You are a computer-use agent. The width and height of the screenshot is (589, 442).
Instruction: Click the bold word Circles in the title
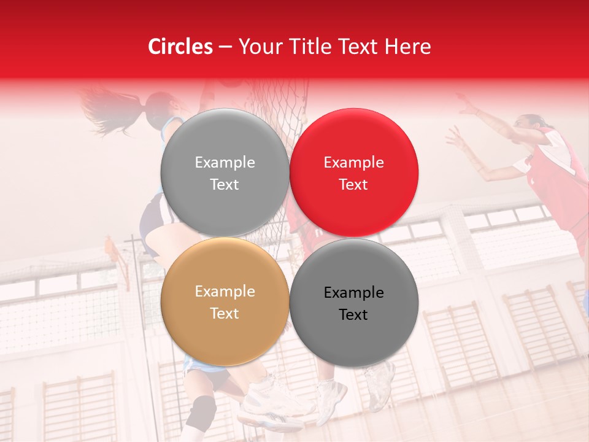pyautogui.click(x=180, y=47)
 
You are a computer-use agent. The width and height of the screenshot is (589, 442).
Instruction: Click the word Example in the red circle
pyautogui.click(x=353, y=162)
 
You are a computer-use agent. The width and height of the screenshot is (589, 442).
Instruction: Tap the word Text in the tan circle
pyautogui.click(x=225, y=313)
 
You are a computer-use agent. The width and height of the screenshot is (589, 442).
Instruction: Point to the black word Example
pyautogui.click(x=353, y=292)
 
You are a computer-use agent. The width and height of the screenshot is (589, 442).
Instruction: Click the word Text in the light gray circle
pyautogui.click(x=225, y=184)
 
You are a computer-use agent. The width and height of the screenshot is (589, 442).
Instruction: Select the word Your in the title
pyautogui.click(x=257, y=47)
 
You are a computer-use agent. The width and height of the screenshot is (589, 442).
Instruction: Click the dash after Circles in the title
pyautogui.click(x=225, y=47)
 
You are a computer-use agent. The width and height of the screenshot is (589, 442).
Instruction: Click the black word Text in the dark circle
pyautogui.click(x=353, y=314)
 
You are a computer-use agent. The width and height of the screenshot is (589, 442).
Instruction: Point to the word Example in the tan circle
pyautogui.click(x=225, y=291)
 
